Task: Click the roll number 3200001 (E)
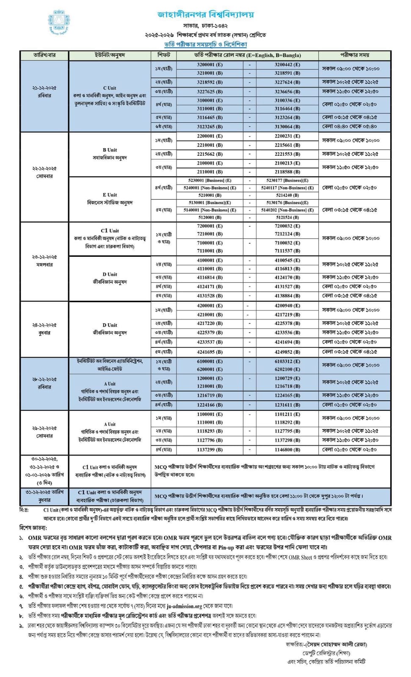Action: [x=210, y=65]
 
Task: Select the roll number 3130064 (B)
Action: [x=287, y=127]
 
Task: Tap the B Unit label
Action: [x=110, y=150]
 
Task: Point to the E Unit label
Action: [x=110, y=195]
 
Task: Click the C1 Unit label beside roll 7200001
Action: [x=110, y=231]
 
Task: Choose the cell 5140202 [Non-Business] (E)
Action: [x=287, y=210]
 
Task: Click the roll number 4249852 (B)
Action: [x=287, y=352]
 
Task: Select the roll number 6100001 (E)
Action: [x=210, y=361]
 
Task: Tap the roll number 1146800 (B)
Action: [x=287, y=449]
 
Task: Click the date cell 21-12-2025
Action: [x=44, y=88]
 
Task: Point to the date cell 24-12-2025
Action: [x=44, y=325]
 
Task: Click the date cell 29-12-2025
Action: [x=44, y=428]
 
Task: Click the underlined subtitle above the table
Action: [x=205, y=44]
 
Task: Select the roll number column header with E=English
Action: [x=247, y=55]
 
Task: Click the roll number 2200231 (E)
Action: [x=287, y=136]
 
